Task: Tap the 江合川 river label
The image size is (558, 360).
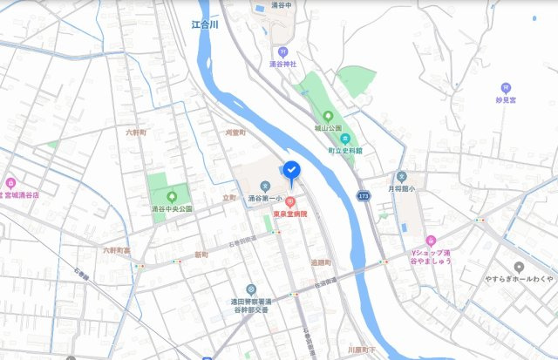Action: [205, 26]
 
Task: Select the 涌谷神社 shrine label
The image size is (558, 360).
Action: [282, 64]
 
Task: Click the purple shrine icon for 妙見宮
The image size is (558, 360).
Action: [506, 87]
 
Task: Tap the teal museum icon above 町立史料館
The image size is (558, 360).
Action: [345, 138]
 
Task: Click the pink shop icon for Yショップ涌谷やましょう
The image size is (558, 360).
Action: [431, 240]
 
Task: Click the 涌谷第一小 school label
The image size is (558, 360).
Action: [264, 199]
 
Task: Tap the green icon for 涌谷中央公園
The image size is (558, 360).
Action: [171, 195]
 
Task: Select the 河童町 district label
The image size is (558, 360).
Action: [235, 132]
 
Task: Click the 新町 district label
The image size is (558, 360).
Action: [201, 255]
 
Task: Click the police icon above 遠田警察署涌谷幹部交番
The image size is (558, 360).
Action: [251, 289]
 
